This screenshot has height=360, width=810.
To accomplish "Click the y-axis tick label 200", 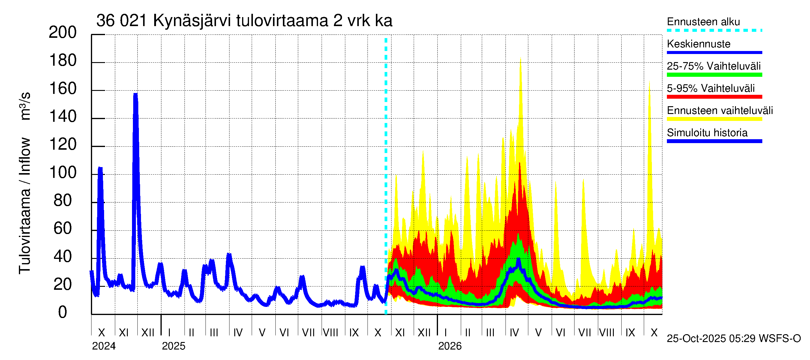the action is (63, 32).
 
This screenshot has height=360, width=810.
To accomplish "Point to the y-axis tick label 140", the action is (63, 117).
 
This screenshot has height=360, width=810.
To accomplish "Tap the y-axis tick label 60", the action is (63, 229).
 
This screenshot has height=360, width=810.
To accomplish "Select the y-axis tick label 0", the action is (63, 313).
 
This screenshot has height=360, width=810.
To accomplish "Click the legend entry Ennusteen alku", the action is (703, 22).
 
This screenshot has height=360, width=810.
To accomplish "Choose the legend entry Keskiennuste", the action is (698, 44).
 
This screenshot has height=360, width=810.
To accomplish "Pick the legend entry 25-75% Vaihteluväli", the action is (713, 66).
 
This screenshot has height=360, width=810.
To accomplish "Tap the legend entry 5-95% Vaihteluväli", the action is (710, 88).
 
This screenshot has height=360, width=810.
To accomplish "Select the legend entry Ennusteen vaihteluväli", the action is (720, 110).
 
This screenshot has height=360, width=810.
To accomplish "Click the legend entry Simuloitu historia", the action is (707, 133).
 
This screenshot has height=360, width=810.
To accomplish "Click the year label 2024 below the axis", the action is (104, 346).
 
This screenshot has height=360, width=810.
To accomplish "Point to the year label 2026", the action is (450, 346).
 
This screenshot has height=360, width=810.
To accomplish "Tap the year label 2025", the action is (174, 346).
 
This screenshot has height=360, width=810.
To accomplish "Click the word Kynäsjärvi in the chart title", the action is (192, 21).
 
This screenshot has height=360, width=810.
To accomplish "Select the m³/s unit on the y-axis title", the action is (25, 106).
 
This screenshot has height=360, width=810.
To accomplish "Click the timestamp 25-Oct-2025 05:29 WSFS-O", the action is (733, 339).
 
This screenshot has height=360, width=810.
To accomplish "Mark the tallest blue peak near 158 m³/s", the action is (136, 93).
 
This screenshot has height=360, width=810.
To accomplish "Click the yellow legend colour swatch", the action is (714, 119).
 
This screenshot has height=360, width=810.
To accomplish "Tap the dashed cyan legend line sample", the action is (714, 31).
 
